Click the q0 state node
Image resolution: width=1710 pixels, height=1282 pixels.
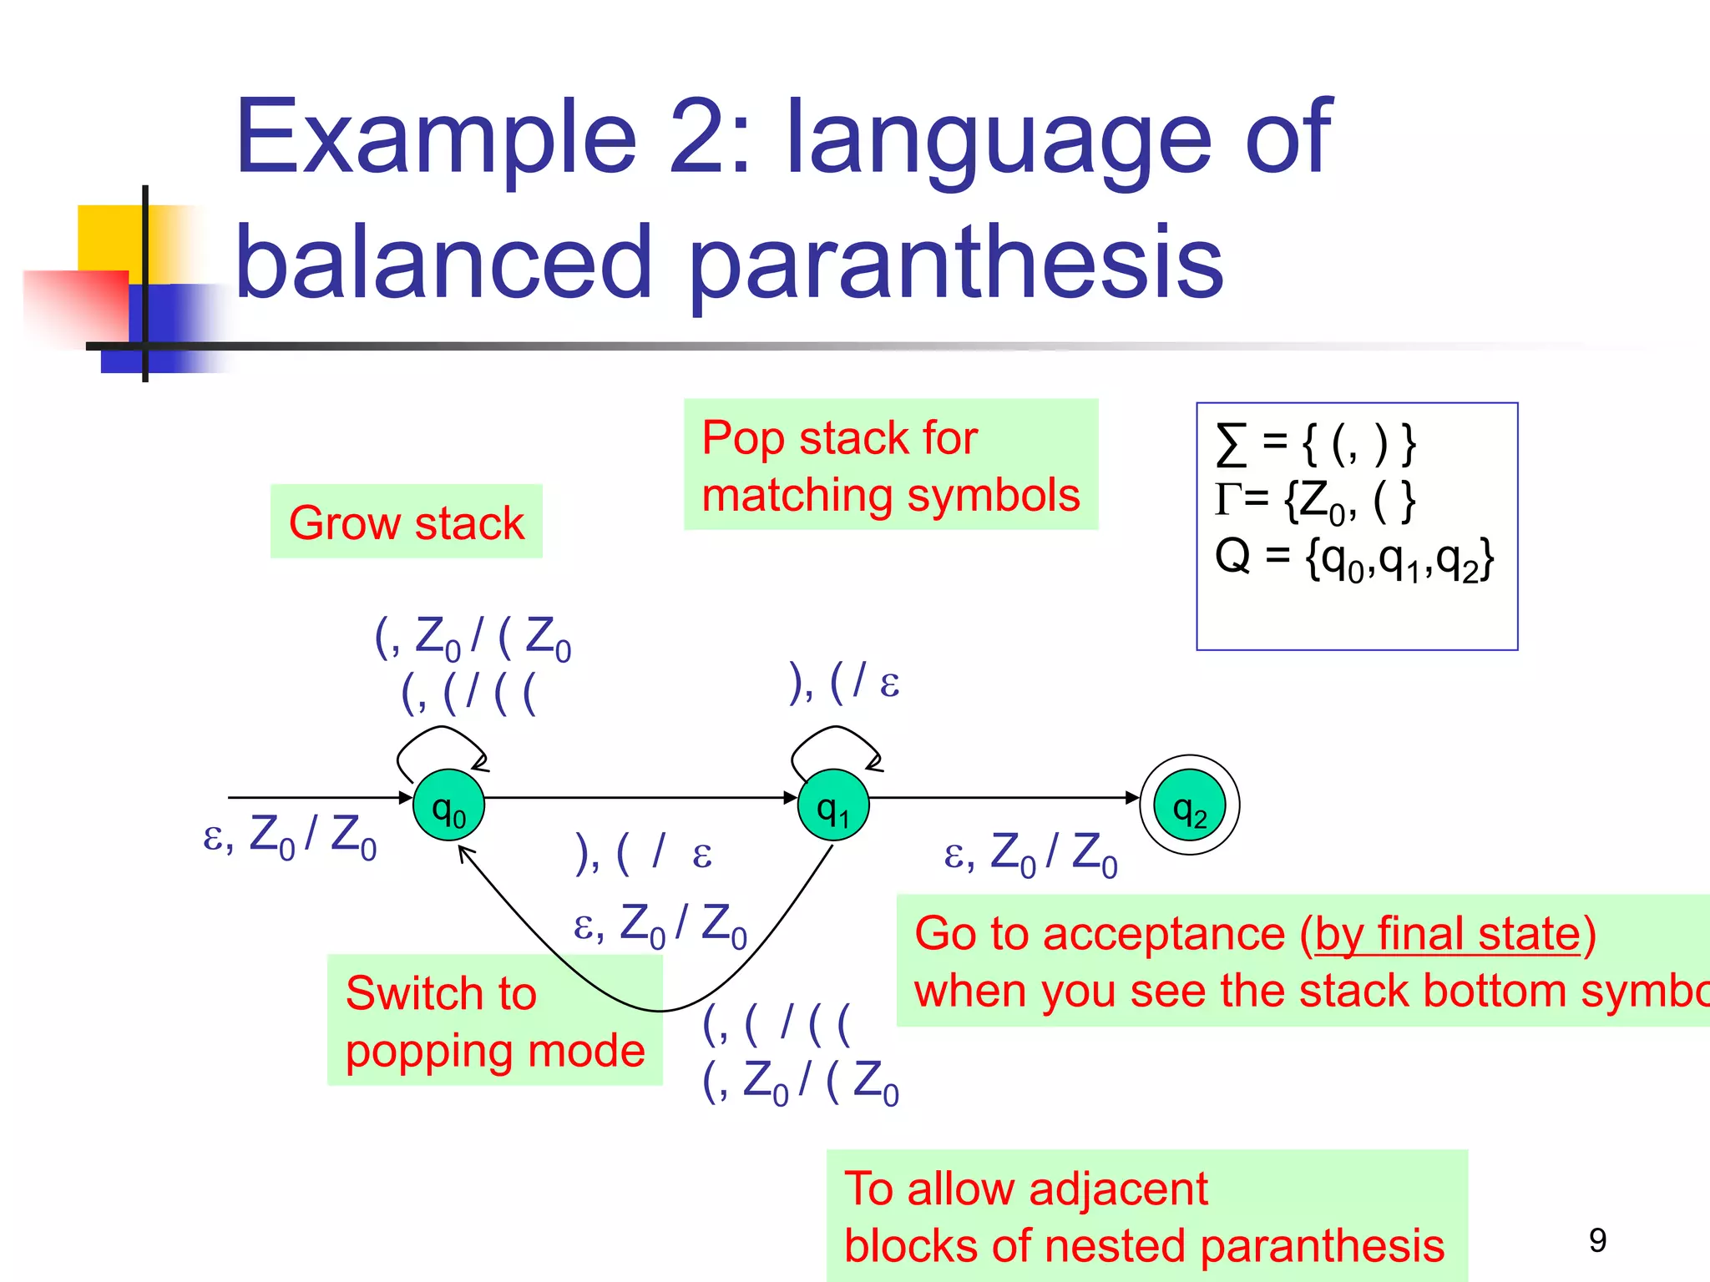pos(448,805)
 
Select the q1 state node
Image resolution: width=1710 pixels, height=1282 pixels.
pos(833,805)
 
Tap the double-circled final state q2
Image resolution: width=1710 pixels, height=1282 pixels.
pos(1190,805)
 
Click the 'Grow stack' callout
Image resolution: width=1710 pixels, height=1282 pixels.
pos(407,522)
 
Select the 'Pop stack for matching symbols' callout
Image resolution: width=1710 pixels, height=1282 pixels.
pos(890,465)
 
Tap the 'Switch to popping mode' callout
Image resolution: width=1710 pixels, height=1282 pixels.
pos(494,1020)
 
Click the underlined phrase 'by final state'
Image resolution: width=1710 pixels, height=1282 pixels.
pos(1448,933)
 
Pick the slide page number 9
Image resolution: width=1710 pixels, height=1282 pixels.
pos(1597,1240)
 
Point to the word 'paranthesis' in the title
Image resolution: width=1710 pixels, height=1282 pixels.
pos(956,263)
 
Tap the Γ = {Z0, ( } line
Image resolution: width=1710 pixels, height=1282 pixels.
pos(1316,501)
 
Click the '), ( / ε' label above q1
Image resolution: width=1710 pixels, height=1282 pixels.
pos(844,682)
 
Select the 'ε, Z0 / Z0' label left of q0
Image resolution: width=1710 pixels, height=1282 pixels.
pos(290,835)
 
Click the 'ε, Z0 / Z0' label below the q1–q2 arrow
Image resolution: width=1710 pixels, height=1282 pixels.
pos(1030,854)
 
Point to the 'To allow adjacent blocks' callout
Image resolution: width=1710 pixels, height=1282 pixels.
pos(1146,1216)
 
